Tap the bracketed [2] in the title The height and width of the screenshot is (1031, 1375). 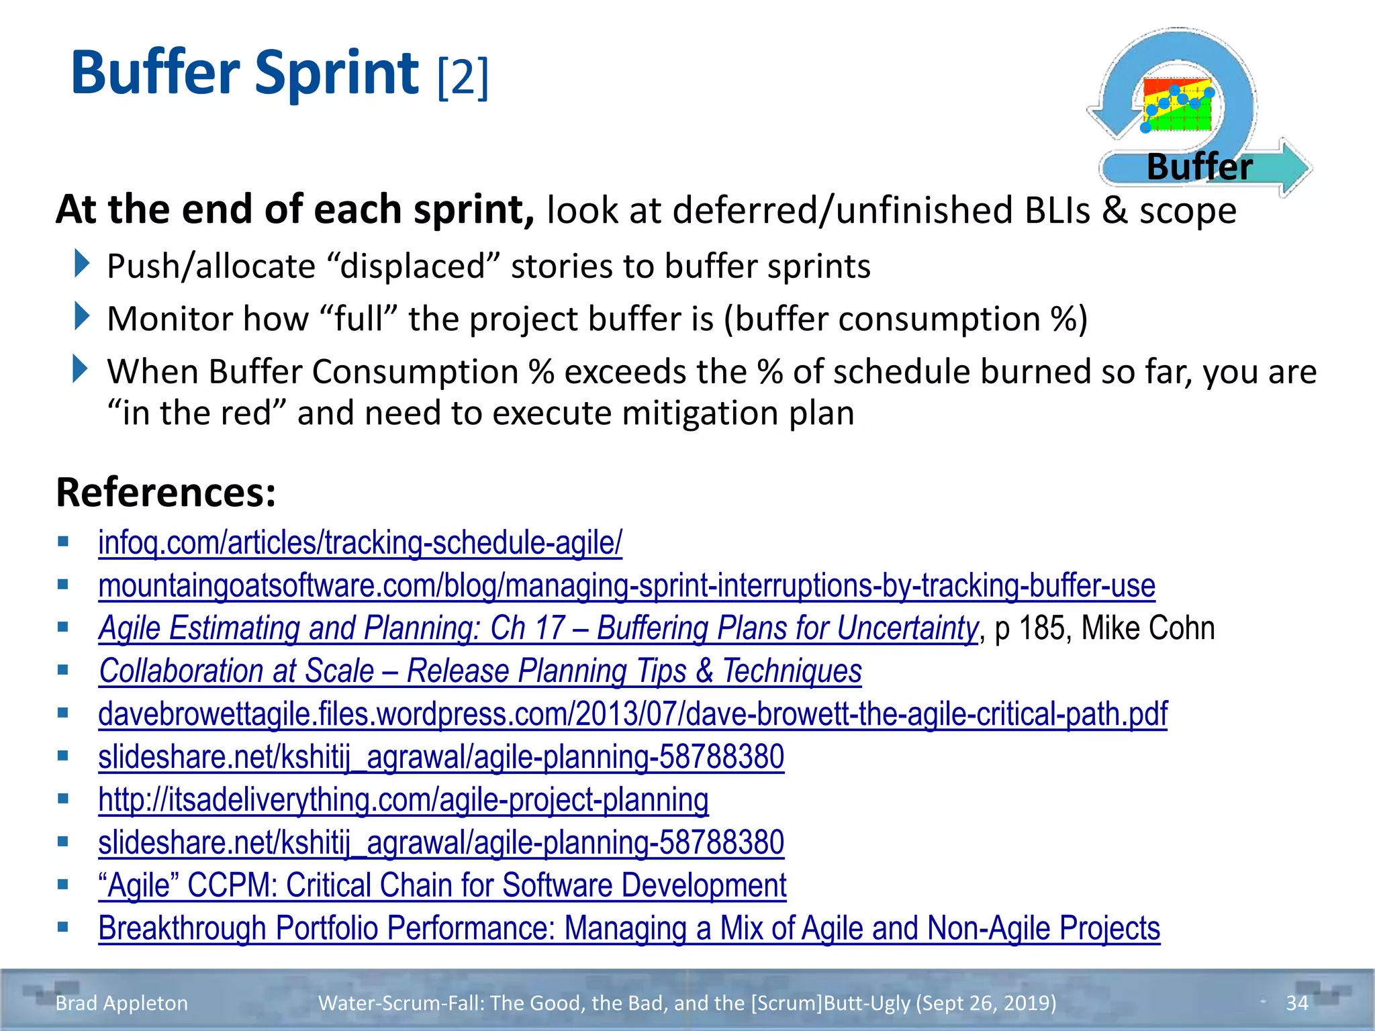463,77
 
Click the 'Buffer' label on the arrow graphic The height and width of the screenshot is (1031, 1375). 1199,166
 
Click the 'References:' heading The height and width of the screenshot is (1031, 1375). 166,492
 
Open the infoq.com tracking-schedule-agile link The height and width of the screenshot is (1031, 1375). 360,542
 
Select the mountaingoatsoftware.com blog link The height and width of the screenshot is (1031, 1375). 626,585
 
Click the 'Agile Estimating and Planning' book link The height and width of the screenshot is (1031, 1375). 538,628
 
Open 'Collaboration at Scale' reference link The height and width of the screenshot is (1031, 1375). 480,671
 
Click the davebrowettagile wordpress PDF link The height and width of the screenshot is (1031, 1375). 632,714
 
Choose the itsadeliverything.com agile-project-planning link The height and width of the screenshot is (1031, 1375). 403,799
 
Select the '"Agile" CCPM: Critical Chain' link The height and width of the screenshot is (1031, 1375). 442,885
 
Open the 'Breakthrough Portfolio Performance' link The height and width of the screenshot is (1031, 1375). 629,928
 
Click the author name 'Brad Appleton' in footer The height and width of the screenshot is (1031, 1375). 122,1003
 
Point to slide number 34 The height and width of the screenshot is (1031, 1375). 1296,1003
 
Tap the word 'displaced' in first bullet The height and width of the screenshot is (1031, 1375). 413,266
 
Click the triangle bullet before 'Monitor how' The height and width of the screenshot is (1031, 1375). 81,316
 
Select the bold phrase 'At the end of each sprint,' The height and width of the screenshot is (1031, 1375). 295,209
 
